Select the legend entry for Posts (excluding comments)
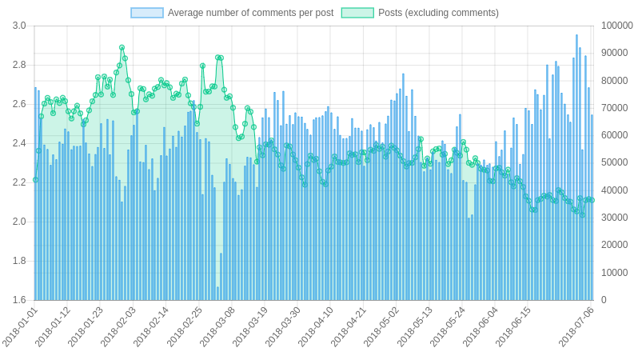(x=437, y=13)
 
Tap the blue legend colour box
(x=147, y=13)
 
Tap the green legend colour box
(x=357, y=13)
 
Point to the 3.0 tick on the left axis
(x=19, y=26)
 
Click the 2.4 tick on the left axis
(x=19, y=143)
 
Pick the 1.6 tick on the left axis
(x=19, y=300)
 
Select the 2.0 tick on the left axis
(x=19, y=222)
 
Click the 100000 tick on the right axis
(x=616, y=26)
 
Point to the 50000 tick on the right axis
(x=614, y=163)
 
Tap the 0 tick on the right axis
(x=604, y=300)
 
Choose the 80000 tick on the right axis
(x=614, y=81)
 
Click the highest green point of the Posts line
(x=122, y=48)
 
